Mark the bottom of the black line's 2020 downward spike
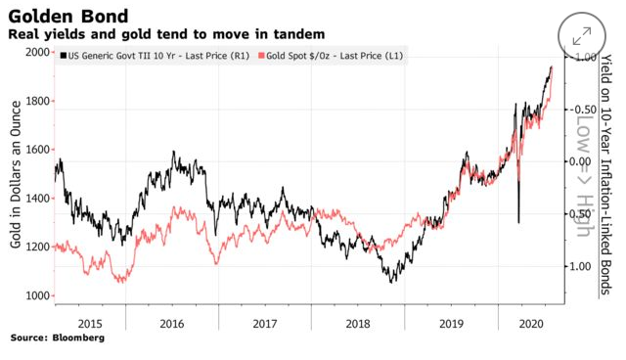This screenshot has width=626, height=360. coord(517,222)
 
